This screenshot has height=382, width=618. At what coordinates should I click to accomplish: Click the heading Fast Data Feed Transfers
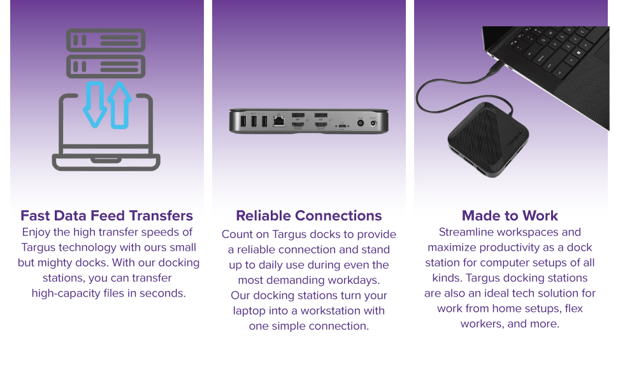pyautogui.click(x=106, y=216)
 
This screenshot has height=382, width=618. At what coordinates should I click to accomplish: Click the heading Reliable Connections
pyautogui.click(x=308, y=216)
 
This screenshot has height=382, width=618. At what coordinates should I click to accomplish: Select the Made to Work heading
pyautogui.click(x=510, y=216)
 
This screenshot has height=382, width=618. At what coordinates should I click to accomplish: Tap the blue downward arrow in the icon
pyautogui.click(x=96, y=104)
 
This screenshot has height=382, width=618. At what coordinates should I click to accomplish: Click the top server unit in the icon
pyautogui.click(x=106, y=40)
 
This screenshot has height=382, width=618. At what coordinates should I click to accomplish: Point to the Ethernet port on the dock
pyautogui.click(x=278, y=121)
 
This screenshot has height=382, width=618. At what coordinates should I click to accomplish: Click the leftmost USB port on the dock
pyautogui.click(x=243, y=120)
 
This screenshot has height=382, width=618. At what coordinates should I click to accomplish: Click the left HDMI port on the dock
pyautogui.click(x=298, y=126)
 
